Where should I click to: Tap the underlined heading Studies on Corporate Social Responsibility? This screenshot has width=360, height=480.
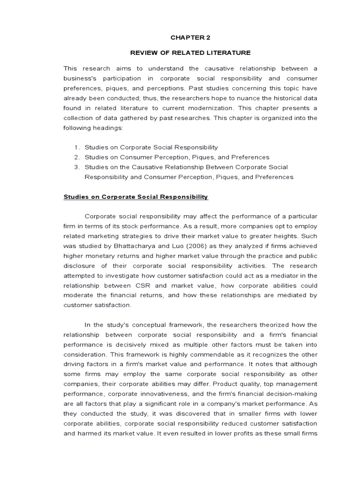click(135, 197)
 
